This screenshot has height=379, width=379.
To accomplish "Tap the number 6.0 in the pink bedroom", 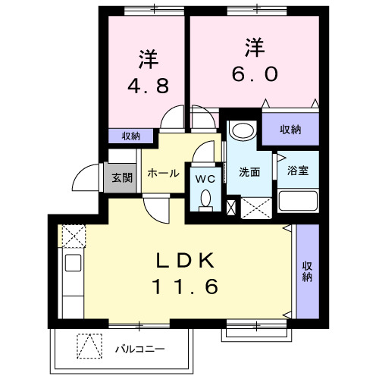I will pos(255,74).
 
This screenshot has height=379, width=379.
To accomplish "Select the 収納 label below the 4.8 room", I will pos(130,136).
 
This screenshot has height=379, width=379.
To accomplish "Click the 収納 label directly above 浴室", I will pos(290,130).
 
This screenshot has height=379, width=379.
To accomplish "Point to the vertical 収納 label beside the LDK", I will pos(308,271).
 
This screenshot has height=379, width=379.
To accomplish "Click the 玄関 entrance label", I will pos(122,178).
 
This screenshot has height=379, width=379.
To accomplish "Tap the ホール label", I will pos(163,174).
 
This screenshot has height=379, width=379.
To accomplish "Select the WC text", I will pos(205,179).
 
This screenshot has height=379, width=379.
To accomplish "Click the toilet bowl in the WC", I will pos(205,199).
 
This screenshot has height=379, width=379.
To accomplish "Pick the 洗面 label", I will pos(249,172).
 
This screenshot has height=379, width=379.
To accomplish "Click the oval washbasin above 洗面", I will pos(243,130).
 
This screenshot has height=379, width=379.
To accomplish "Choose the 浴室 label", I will pos(297,172).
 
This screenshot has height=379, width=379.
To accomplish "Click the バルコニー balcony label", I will pos(140,349).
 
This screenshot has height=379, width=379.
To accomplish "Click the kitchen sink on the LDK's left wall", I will pos(73,264).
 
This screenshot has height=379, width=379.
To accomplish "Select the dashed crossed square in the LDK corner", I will pos(73,236).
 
